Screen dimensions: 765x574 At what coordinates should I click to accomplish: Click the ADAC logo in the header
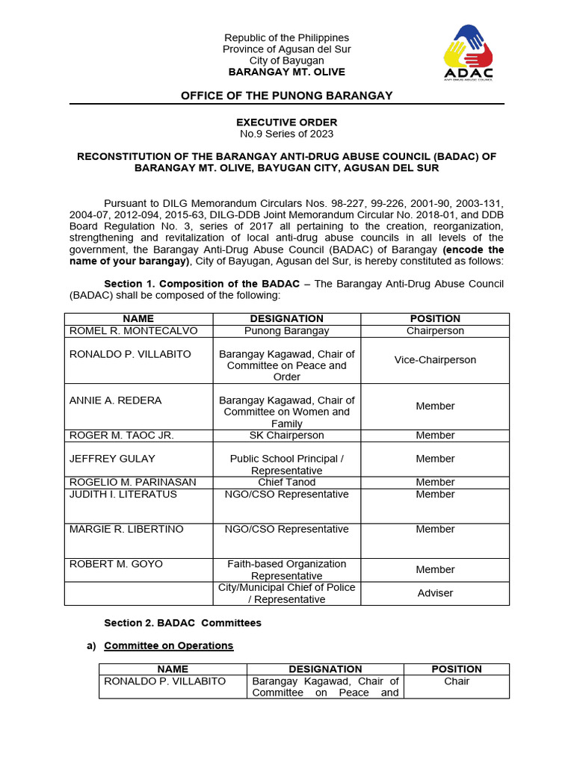[468, 53]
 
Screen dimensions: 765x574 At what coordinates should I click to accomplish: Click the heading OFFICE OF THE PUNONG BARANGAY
[286, 96]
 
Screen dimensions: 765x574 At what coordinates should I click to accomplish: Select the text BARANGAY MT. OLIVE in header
[286, 72]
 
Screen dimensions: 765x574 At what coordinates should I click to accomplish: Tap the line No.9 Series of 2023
[286, 134]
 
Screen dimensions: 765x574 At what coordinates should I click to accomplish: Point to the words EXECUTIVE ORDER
[286, 122]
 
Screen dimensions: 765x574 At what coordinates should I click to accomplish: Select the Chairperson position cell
[435, 330]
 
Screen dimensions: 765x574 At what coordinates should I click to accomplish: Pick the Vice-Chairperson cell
[435, 359]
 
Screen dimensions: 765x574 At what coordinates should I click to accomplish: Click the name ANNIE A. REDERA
[115, 400]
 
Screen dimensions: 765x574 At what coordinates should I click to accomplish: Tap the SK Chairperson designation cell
[286, 435]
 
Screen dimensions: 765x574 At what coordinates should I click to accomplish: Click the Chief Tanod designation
[286, 482]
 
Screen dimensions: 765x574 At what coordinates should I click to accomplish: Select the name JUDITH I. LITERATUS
[123, 494]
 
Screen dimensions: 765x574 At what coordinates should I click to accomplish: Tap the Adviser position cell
[435, 592]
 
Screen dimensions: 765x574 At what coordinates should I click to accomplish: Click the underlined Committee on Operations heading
[168, 645]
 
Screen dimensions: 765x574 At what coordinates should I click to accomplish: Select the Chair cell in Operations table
[457, 681]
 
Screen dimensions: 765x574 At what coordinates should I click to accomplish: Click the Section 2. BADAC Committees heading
[182, 622]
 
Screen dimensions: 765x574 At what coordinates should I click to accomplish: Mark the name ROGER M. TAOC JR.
[121, 435]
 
